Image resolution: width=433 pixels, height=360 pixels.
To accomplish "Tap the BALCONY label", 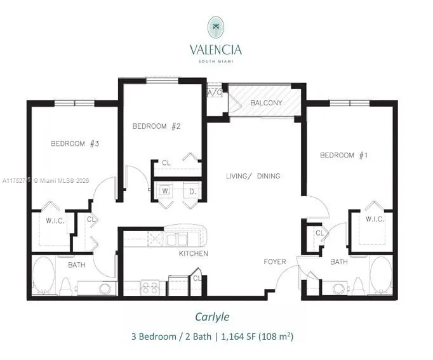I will coord(266,103).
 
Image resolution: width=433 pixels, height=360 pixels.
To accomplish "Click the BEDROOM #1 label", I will coord(345,156).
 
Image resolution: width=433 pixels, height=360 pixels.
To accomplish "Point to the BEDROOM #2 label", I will coord(157,126).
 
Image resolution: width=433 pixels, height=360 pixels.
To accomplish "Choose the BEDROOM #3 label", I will coord(75,143).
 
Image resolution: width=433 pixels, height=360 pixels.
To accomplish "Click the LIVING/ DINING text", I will coord(253,176).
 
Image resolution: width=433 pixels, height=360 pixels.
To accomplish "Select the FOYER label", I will coord(275,262).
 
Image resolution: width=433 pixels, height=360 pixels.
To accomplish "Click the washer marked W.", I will coord(164,190).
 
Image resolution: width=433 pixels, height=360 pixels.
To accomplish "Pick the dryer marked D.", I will coord(190,190).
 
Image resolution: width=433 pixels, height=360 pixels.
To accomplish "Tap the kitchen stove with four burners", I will coord(150,288).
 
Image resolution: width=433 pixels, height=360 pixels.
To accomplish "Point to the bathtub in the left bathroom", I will coord(44,275).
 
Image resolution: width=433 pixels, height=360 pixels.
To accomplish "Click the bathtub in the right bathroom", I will coord(382,275).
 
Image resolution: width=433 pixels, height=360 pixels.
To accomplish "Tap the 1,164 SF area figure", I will coord(236,336).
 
